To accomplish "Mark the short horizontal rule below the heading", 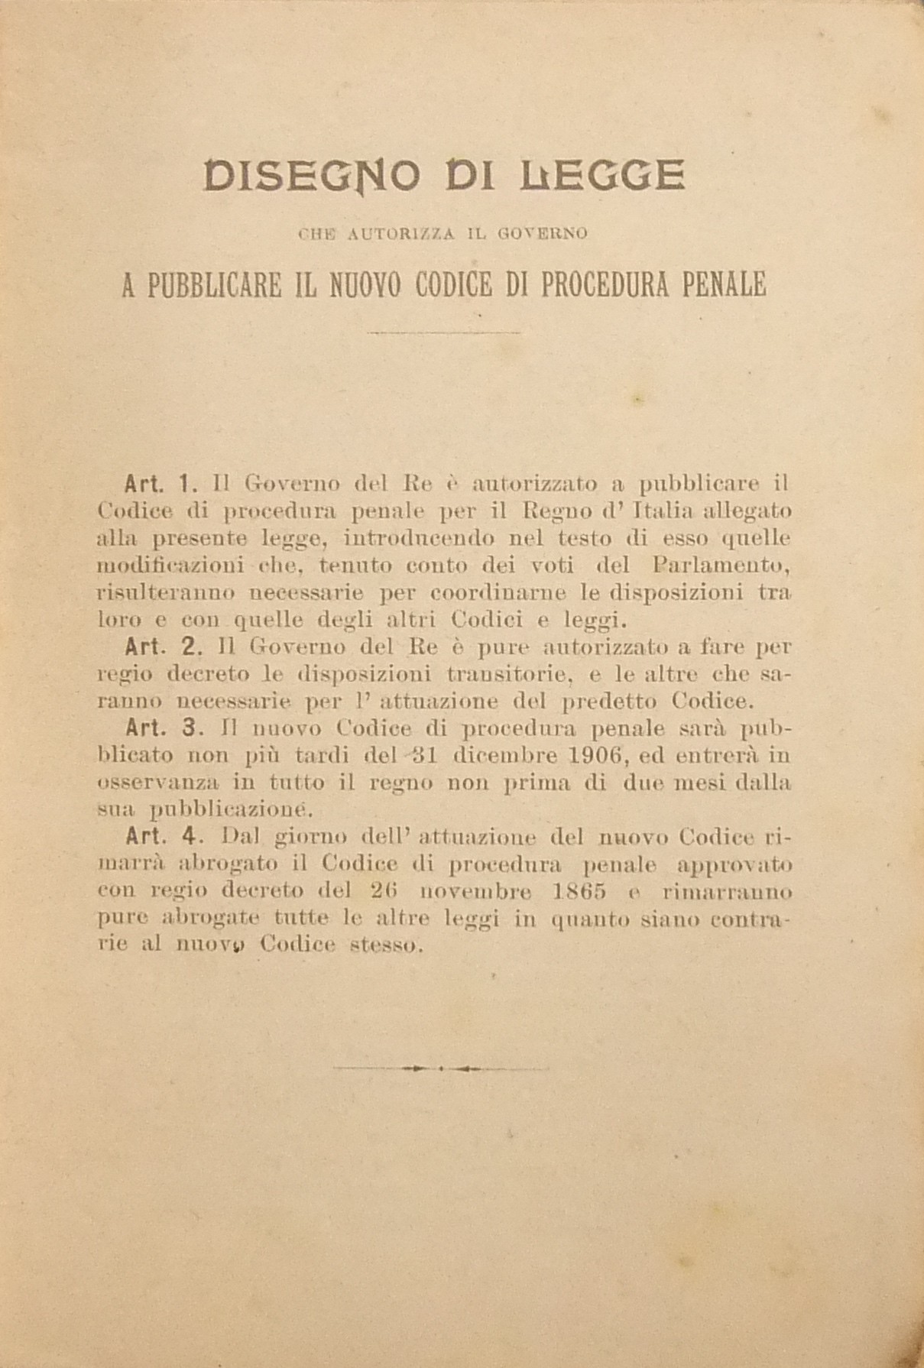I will (x=443, y=333).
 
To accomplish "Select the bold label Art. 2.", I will (x=161, y=647).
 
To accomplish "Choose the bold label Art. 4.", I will (x=161, y=836).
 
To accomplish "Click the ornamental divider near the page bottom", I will (x=443, y=1068).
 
